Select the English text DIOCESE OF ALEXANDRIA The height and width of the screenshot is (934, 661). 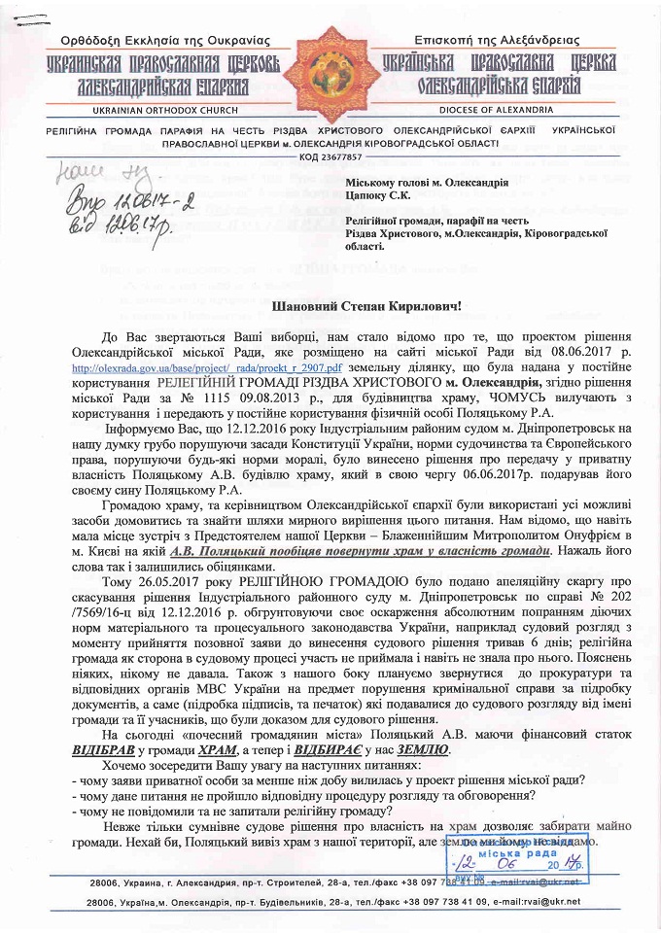(x=496, y=110)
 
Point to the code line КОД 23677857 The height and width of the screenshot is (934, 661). (x=330, y=156)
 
